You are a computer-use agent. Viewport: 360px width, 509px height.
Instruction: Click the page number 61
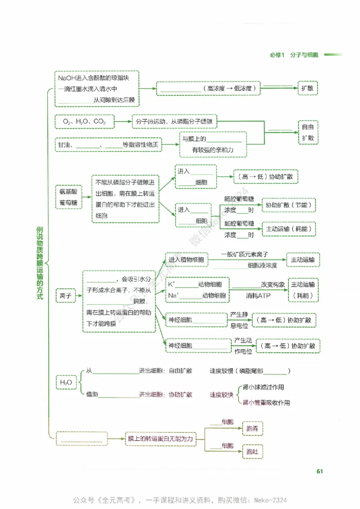pos(319,471)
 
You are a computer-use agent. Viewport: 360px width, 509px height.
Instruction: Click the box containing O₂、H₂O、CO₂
pos(85,122)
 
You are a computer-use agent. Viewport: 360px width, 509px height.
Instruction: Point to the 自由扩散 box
pos(308,132)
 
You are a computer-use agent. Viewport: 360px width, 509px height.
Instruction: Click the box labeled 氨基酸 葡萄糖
pos(68,197)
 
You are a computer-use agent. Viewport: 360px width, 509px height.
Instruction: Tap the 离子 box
pos(65,295)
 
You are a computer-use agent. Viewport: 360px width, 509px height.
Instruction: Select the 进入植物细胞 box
pos(186,260)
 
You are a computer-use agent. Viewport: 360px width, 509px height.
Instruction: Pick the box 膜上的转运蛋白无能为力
pos(160,438)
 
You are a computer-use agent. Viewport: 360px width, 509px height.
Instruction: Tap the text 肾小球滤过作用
pos(263,387)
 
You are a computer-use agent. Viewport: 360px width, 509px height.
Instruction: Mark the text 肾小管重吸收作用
pos(266,402)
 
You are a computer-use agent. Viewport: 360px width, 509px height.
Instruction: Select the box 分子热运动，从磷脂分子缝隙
pos(175,122)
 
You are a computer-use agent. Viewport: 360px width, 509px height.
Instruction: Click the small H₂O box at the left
pos(65,383)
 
